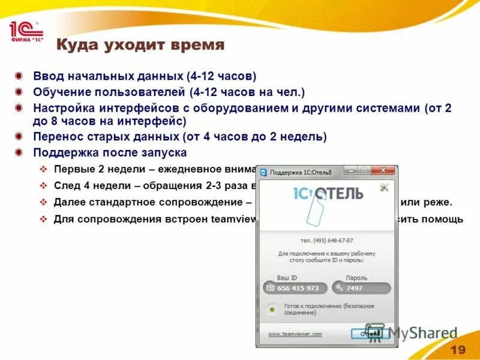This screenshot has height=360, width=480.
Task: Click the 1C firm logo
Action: coord(25,31)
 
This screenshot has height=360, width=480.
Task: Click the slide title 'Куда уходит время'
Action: coord(140,46)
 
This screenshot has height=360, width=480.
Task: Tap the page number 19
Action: coord(458,350)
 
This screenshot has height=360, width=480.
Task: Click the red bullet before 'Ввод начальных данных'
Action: coord(20,76)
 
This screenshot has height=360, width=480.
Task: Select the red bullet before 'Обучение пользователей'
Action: coord(20,92)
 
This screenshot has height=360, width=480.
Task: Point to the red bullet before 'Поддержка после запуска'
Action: coord(20,152)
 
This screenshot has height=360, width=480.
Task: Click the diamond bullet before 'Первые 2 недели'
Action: coord(43,169)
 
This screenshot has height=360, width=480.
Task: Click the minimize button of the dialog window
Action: coord(350,171)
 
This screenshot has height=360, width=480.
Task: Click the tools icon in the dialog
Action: coord(385,188)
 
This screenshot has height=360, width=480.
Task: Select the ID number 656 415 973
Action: coord(298,288)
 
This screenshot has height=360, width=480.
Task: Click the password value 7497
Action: coord(355,288)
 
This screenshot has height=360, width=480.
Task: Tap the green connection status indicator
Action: coord(272,310)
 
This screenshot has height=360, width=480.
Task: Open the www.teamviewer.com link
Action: coord(295,334)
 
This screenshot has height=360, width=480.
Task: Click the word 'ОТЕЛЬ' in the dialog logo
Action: coord(340,194)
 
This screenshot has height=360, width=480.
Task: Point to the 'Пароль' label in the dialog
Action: coord(356,278)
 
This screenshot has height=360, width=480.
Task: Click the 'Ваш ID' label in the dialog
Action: coord(287,278)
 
